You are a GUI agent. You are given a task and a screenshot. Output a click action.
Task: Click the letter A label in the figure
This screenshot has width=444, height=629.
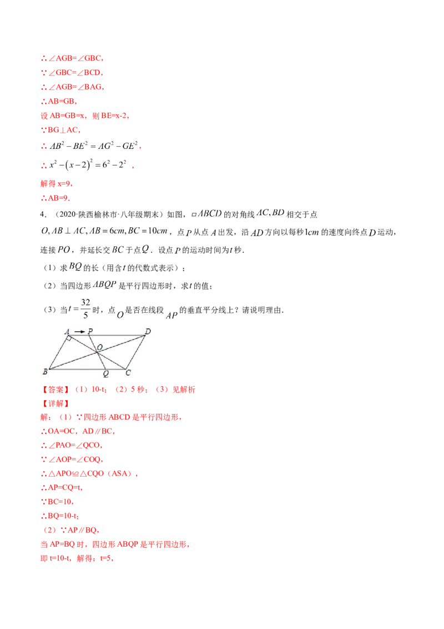coord(67,332)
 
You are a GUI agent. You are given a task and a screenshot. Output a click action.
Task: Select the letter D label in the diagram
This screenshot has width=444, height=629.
coord(148,332)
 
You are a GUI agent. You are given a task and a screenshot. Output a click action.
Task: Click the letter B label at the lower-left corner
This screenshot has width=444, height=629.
coord(44,371)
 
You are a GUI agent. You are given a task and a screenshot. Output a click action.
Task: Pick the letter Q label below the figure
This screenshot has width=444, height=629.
coord(105,374)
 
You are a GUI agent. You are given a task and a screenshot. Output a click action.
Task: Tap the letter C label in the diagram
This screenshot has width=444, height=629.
coord(128,372)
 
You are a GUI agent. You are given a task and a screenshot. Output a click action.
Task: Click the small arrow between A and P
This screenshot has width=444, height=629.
coord(79,332)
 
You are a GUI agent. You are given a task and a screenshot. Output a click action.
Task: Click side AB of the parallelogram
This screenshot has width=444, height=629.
coord(57,352)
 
